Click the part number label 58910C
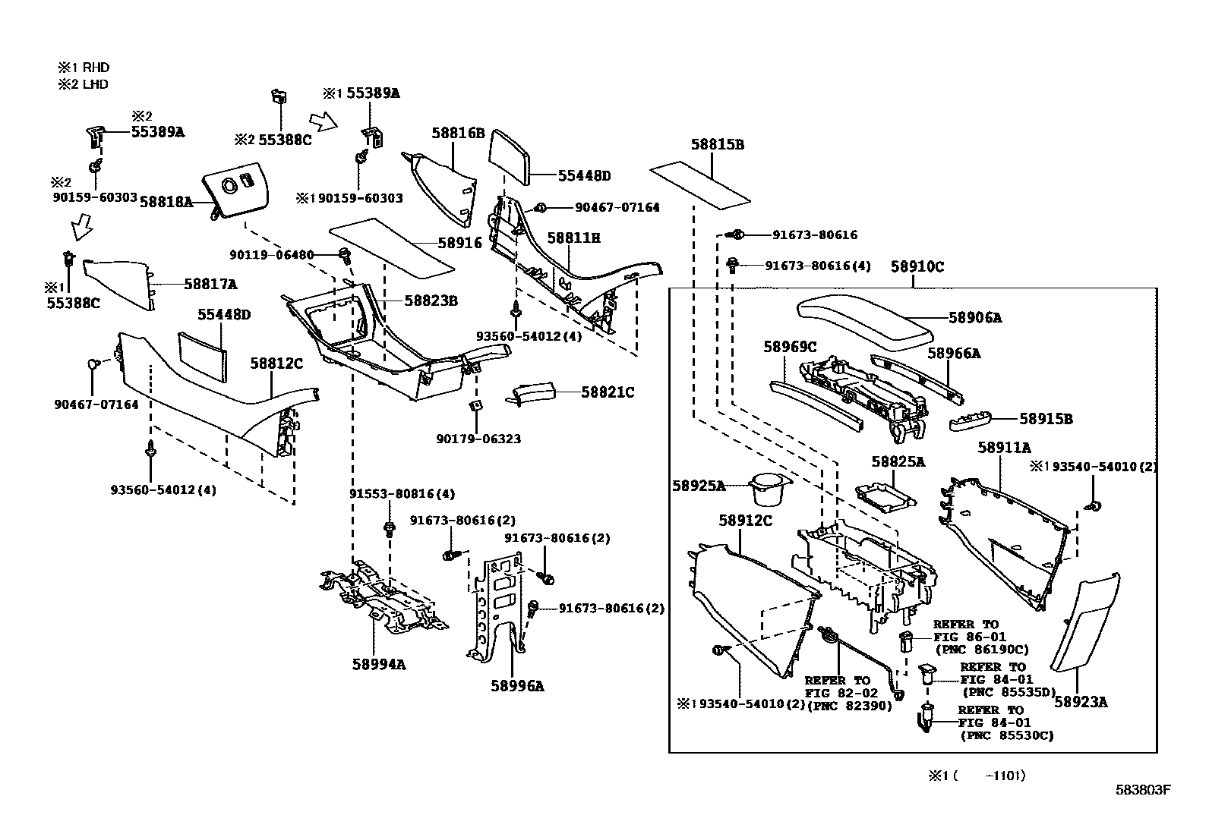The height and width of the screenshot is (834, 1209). click(x=917, y=266)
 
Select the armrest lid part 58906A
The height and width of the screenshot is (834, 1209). click(x=866, y=318)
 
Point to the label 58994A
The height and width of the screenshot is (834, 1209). click(x=378, y=664)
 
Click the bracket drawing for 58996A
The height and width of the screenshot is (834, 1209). click(x=497, y=607)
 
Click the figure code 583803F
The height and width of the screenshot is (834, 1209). click(x=1143, y=790)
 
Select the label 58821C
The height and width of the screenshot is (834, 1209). click(x=607, y=392)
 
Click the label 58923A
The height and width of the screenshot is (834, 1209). click(x=1080, y=702)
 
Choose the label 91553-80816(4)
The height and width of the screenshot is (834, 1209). click(x=402, y=494)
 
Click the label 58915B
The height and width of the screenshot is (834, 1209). click(x=1045, y=418)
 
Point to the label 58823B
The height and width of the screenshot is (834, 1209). click(x=431, y=301)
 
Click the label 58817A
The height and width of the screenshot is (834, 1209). click(x=210, y=284)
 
